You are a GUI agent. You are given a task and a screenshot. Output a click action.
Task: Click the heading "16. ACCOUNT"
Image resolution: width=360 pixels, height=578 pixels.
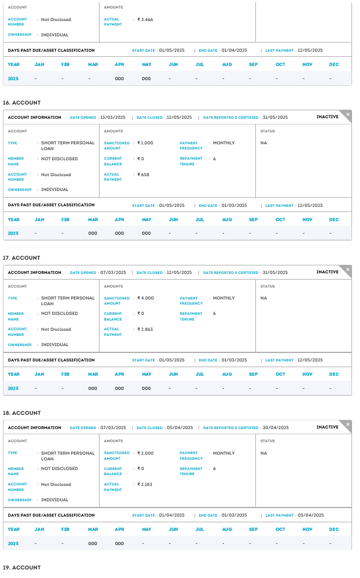[x=22, y=103]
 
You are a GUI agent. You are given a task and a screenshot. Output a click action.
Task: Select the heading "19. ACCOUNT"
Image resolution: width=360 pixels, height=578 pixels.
[x=22, y=568]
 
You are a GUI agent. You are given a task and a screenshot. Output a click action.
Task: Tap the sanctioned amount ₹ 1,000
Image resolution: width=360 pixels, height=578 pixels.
[x=146, y=143]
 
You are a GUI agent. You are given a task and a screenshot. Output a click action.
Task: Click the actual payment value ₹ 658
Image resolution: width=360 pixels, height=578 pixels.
[x=143, y=175]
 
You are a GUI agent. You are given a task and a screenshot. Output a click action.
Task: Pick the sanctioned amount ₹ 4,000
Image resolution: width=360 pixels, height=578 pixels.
[x=146, y=298]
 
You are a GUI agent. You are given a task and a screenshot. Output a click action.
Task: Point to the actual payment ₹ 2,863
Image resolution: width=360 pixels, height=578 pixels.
[x=145, y=330]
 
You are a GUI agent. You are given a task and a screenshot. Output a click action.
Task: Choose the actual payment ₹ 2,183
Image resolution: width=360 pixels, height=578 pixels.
[x=145, y=485]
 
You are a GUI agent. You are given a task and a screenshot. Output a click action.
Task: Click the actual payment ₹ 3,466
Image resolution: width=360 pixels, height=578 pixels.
[x=145, y=20]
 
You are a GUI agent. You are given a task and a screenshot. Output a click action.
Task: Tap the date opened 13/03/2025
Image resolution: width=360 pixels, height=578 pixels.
[x=113, y=118]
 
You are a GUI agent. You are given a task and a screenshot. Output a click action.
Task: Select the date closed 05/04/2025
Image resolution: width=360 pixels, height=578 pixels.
[x=179, y=428]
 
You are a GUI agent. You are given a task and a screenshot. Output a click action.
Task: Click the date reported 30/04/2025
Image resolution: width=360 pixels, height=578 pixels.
[x=275, y=428]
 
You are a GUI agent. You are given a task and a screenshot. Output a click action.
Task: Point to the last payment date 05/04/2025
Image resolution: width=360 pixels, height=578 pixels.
[x=310, y=515]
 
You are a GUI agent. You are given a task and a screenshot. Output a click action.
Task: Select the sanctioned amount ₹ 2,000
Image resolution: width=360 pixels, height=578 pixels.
[x=146, y=454]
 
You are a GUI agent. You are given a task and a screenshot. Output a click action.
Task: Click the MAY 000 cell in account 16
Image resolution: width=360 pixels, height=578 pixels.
[x=146, y=233]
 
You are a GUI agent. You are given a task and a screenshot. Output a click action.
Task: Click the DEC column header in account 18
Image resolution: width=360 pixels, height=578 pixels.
[x=334, y=530]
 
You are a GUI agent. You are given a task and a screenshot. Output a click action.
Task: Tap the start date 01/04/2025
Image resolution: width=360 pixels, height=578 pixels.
[x=172, y=515]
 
